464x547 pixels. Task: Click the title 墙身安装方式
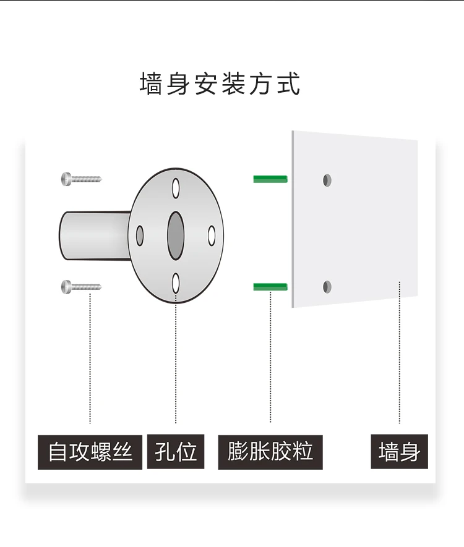point(220,84)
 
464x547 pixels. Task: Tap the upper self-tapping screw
point(81,179)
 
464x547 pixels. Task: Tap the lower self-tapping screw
point(81,286)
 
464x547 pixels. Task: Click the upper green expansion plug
point(270,179)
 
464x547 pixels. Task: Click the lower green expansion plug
point(270,286)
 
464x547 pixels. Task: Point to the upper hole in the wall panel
point(327,180)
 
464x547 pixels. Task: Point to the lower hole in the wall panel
point(327,286)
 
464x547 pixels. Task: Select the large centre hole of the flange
point(176,235)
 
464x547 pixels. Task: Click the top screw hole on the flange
point(176,187)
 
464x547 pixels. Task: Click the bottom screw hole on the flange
point(176,283)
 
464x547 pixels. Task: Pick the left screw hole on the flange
point(140,235)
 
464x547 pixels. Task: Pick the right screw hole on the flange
point(211,235)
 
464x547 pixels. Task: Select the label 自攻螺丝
point(90,452)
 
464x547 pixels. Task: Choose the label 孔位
point(176,452)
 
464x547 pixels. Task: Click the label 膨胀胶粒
point(270,452)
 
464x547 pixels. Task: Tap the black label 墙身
point(399,452)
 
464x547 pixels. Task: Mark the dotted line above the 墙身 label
point(400,352)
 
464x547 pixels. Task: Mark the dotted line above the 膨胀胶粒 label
point(270,358)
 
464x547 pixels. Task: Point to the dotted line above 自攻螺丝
point(91,358)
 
